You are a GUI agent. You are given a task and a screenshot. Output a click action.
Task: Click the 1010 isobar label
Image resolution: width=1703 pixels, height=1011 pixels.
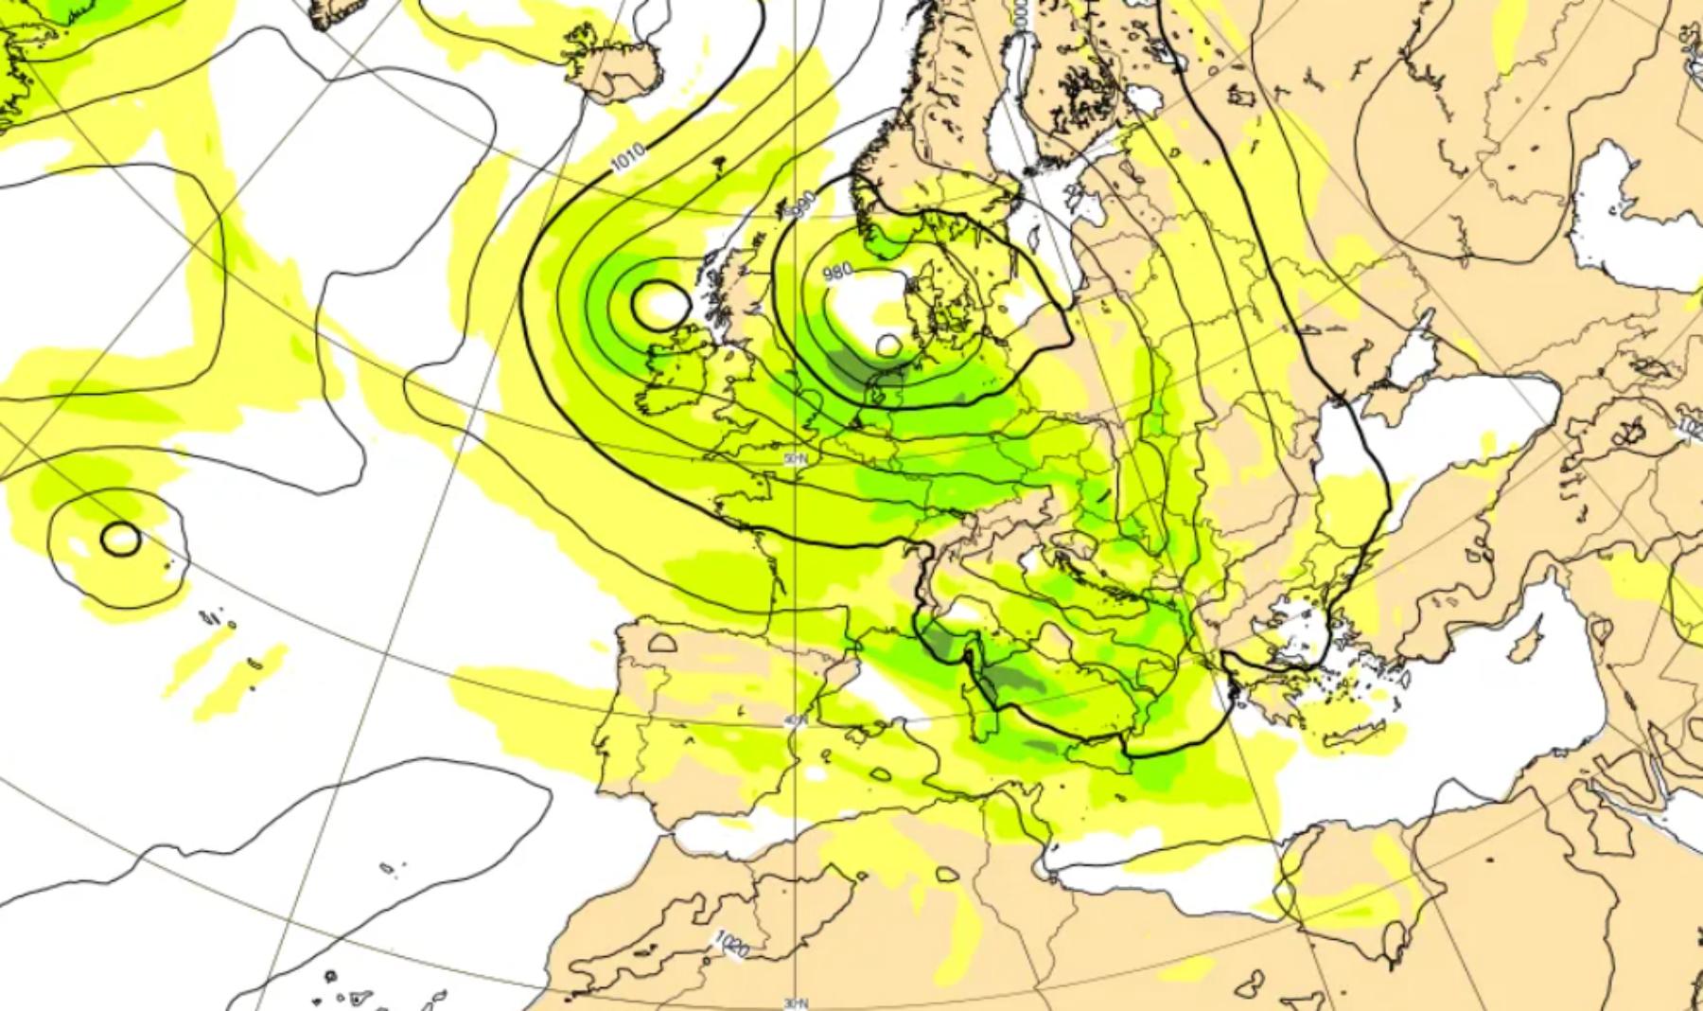[628, 157]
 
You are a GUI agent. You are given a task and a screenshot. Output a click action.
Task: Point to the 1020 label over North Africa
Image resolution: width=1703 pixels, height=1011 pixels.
[731, 944]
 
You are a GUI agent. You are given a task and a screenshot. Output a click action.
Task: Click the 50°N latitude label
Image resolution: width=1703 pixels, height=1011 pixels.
[796, 458]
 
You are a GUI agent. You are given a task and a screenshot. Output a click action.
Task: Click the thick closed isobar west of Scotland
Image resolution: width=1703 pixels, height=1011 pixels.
[659, 303]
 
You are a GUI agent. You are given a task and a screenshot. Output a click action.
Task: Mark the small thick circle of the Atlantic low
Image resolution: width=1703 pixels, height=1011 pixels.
[120, 539]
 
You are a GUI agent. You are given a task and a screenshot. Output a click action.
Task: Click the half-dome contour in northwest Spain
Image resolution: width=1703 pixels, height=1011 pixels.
[663, 643]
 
